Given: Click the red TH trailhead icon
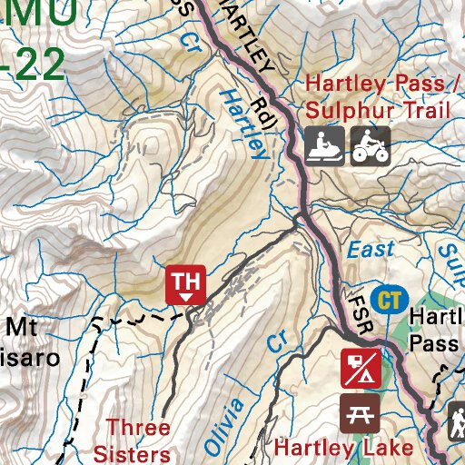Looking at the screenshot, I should [185, 284].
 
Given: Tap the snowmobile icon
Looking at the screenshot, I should [322, 145].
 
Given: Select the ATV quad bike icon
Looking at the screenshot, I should [371, 145].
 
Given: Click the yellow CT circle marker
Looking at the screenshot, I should [391, 299].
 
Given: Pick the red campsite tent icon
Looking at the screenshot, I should [360, 367].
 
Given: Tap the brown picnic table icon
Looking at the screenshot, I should [360, 412].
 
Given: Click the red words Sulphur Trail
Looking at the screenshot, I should [378, 112].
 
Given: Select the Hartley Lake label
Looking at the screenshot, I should [344, 448].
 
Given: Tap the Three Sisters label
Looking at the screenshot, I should [138, 440].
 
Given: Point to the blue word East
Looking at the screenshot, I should [371, 249].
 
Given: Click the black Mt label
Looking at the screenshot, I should [23, 326].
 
